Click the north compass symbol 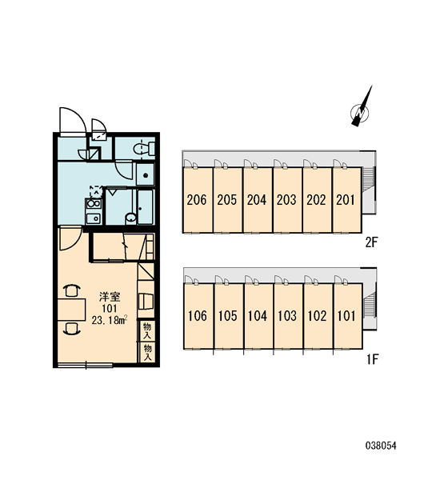click(361, 112)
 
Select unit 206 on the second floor click(198, 200)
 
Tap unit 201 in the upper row click(347, 200)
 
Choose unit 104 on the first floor click(258, 316)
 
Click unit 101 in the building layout click(348, 316)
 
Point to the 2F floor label click(372, 242)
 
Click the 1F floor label click(373, 359)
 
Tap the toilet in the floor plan click(144, 148)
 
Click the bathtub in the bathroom click(145, 207)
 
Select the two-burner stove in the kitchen click(94, 203)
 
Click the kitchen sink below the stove click(94, 218)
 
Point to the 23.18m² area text click(110, 321)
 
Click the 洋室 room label click(110, 297)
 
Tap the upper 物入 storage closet click(147, 330)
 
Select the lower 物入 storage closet click(147, 352)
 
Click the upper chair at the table click(72, 291)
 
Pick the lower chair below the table click(72, 328)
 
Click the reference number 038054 click(381, 446)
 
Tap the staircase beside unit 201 click(367, 179)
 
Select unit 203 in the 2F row click(287, 200)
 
